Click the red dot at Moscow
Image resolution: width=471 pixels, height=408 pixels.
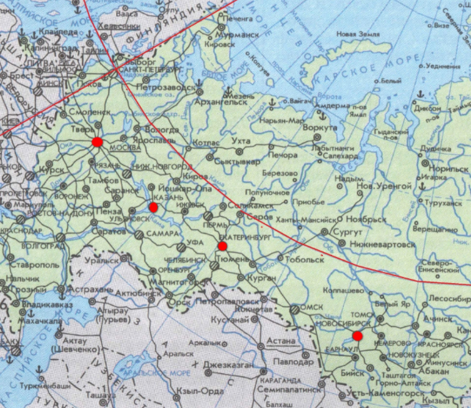(98, 142)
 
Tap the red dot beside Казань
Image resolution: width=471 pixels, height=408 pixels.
(153, 207)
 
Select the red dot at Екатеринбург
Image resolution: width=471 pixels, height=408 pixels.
(222, 246)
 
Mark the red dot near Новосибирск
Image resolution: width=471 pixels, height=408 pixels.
(357, 335)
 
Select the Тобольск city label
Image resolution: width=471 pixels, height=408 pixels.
(304, 259)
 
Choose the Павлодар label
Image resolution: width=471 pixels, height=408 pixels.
(295, 362)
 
